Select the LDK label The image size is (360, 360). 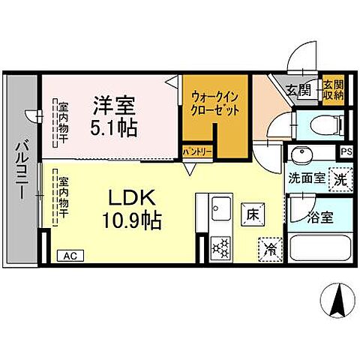point(132,199)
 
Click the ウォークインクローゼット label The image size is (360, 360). point(215,103)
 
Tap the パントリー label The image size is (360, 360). point(198,152)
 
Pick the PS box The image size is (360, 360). point(345,152)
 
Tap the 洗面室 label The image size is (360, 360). point(306,178)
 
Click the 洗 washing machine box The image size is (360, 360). point(340,179)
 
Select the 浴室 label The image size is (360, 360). point(321,218)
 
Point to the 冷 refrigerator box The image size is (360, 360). point(270,247)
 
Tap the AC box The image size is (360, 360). point(70,255)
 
